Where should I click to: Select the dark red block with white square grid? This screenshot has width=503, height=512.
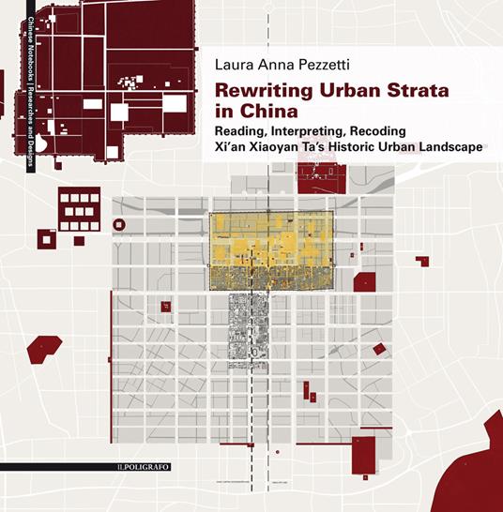pyautogui.click(x=78, y=209)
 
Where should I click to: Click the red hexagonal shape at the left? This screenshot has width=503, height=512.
pyautogui.click(x=38, y=351)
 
